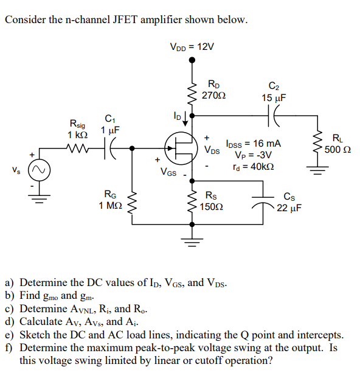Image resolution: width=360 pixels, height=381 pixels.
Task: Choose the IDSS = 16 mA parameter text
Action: coord(254,144)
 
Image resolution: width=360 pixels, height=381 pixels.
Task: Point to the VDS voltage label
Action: coord(212,150)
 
